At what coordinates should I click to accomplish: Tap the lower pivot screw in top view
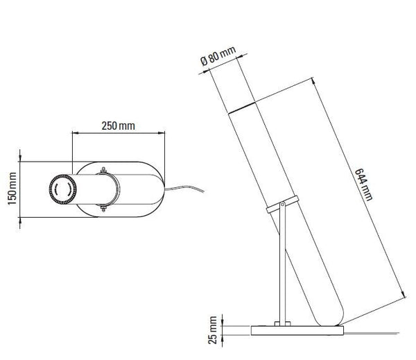click(104, 207)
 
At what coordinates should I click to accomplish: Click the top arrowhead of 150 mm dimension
click(21, 162)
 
